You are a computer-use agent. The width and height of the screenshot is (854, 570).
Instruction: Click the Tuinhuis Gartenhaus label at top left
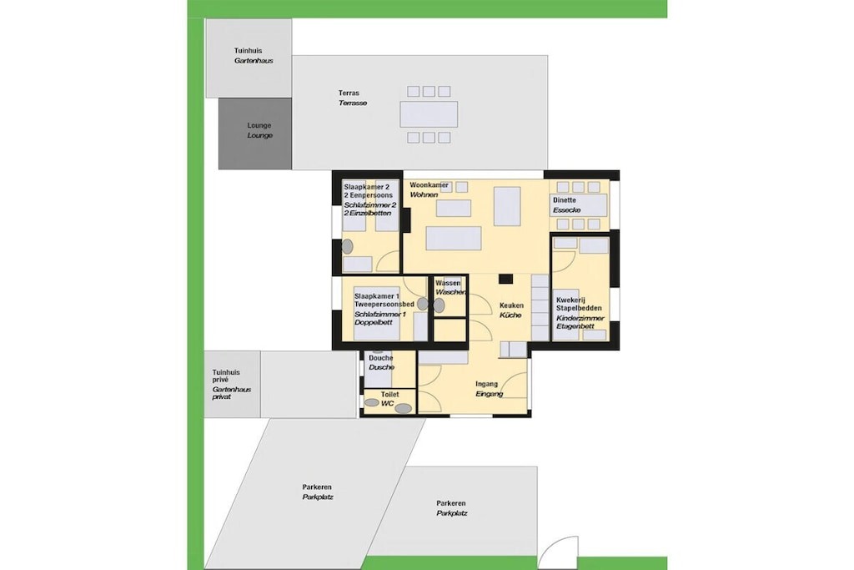pyautogui.click(x=254, y=56)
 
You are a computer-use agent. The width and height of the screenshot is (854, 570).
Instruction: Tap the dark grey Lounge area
pyautogui.click(x=255, y=134)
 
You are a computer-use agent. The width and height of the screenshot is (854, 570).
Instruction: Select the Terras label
pyautogui.click(x=353, y=98)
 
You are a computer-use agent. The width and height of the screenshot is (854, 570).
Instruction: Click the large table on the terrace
pyautogui.click(x=429, y=114)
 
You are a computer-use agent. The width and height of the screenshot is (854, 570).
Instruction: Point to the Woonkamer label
pyautogui.click(x=430, y=189)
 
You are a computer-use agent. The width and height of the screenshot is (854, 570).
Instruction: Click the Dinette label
pyautogui.click(x=566, y=205)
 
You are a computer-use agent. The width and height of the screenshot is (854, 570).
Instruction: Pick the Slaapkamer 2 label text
pyautogui.click(x=369, y=200)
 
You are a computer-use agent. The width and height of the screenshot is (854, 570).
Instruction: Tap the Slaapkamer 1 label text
pyautogui.click(x=384, y=309)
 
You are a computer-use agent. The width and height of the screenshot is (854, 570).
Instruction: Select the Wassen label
pyautogui.click(x=450, y=288)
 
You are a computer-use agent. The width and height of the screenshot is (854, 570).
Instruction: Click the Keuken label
pyautogui.click(x=511, y=310)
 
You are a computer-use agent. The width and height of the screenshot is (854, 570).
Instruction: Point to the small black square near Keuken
pyautogui.click(x=506, y=279)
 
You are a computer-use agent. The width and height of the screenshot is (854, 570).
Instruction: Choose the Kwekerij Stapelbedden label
pyautogui.click(x=580, y=313)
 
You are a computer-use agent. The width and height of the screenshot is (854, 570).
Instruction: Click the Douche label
pyautogui.click(x=381, y=362)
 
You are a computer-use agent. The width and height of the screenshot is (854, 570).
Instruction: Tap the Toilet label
pyautogui.click(x=390, y=398)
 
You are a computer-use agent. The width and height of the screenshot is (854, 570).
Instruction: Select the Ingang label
pyautogui.click(x=489, y=389)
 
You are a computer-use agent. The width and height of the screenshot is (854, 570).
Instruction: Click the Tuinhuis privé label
pyautogui.click(x=232, y=384)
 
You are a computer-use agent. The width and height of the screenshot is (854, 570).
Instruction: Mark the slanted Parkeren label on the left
pyautogui.click(x=318, y=492)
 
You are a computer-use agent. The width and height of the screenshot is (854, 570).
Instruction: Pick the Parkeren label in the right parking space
pyautogui.click(x=451, y=508)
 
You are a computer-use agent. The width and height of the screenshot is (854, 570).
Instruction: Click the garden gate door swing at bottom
pyautogui.click(x=557, y=552)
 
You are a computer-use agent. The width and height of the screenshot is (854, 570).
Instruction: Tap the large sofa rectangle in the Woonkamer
pyautogui.click(x=454, y=239)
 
